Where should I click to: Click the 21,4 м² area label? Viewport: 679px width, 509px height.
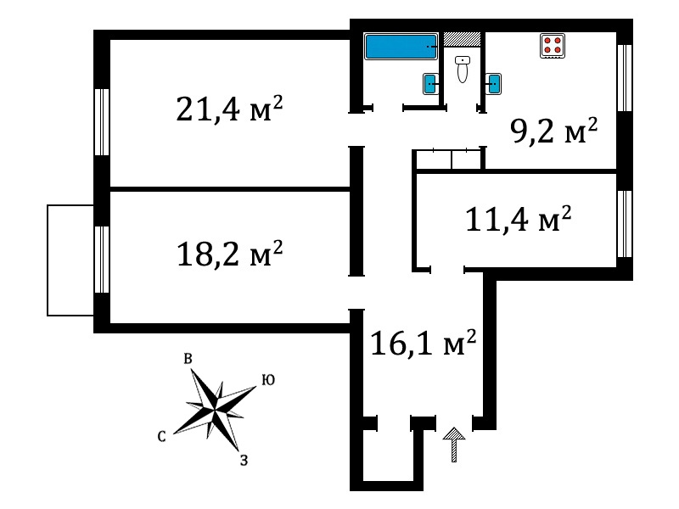click(229, 109)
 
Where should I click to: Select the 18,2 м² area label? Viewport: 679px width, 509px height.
click(229, 254)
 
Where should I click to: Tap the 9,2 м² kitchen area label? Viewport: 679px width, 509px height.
click(554, 131)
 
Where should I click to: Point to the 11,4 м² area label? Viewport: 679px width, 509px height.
click(518, 219)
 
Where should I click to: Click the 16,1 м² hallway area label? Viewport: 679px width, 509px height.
click(424, 343)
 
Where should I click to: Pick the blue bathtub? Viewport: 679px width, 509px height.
click(401, 47)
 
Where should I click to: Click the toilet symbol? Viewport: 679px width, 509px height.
click(463, 70)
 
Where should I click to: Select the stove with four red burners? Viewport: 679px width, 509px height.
click(553, 46)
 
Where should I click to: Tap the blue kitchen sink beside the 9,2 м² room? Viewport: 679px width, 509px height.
click(493, 84)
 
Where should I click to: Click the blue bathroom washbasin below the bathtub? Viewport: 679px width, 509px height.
click(430, 84)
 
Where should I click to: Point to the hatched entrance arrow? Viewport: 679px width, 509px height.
click(454, 445)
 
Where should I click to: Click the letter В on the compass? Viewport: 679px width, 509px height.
click(188, 359)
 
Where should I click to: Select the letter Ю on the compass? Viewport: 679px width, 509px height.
click(268, 379)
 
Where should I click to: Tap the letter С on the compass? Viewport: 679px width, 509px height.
click(161, 436)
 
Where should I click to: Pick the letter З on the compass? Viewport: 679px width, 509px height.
click(244, 460)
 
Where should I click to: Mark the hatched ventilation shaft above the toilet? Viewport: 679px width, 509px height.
click(462, 39)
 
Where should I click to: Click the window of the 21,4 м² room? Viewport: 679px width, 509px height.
click(102, 122)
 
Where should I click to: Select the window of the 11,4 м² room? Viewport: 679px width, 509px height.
click(625, 224)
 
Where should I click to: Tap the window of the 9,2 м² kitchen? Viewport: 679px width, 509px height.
click(625, 78)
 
